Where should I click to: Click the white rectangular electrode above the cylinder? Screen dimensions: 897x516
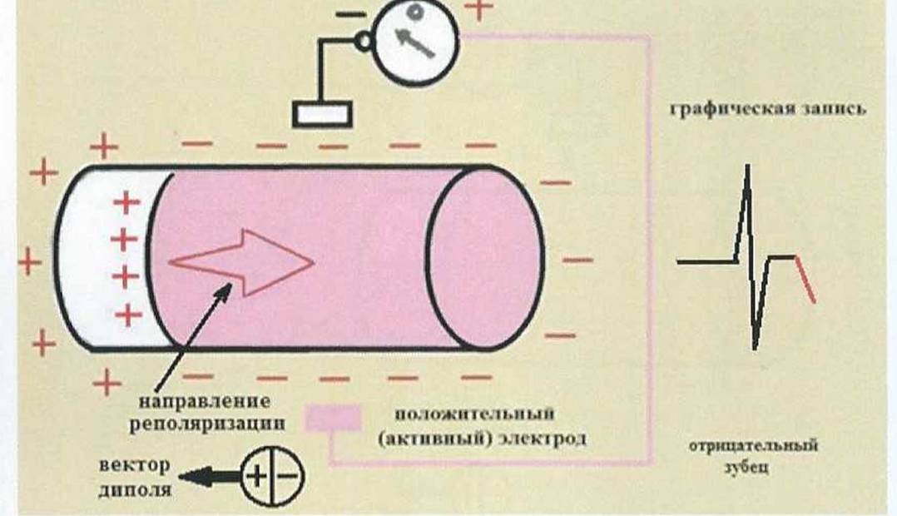(322, 114)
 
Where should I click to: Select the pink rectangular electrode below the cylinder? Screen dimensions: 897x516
(333, 418)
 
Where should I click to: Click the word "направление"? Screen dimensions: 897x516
(205, 400)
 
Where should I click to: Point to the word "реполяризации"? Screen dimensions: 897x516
(207, 424)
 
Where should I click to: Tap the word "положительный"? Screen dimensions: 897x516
(474, 413)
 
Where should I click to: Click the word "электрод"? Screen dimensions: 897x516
(543, 439)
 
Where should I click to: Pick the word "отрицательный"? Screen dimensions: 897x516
(753, 445)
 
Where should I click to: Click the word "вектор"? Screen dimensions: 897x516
(135, 464)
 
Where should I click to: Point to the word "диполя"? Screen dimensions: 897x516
(135, 489)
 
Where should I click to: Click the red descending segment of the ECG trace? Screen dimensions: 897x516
(805, 279)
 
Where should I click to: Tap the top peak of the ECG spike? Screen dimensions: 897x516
(747, 166)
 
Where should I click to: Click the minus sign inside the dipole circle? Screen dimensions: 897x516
(288, 476)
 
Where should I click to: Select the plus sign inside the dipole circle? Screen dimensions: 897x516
(256, 476)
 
